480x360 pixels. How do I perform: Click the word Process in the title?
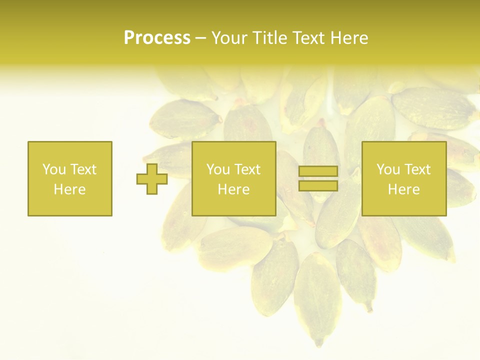[157, 38]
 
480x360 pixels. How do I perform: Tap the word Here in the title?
[349, 38]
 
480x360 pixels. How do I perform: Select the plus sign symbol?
[152, 178]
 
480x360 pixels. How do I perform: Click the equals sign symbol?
[318, 178]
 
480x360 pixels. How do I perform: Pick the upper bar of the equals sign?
[318, 171]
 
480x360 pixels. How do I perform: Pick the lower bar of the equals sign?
[318, 185]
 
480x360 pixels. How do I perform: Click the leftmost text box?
[69, 178]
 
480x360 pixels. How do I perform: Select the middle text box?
[233, 178]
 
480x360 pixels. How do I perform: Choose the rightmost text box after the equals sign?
[403, 178]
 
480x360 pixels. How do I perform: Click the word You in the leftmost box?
[53, 169]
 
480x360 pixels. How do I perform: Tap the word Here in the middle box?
[233, 189]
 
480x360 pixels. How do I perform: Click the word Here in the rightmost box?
[403, 189]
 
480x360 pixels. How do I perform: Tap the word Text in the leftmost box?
[83, 169]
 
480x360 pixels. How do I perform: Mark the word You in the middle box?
[217, 169]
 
